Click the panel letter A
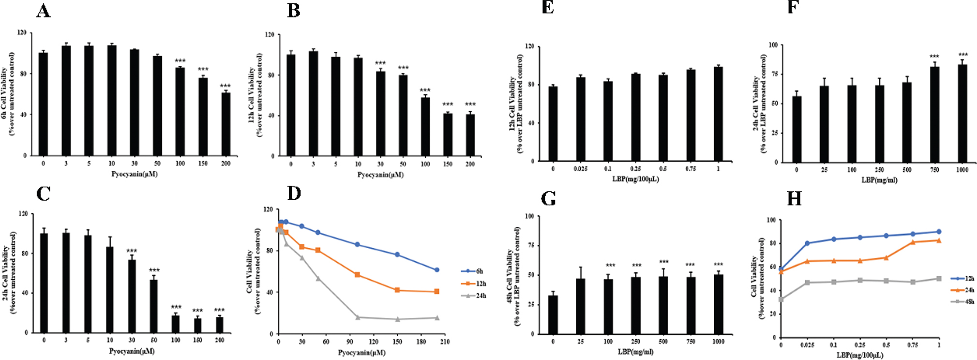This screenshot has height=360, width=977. pos(43,11)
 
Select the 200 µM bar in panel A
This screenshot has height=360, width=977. pos(226,124)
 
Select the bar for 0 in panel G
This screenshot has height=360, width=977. pos(553,315)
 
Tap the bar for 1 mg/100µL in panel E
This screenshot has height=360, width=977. pos(718,114)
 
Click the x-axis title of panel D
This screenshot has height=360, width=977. pos(361,353)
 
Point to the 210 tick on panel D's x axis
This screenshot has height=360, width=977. pos(445,342)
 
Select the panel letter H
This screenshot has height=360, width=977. pos(794,199)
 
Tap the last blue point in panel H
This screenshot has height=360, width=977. pos(939,232)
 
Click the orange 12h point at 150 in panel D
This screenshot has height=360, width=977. pos(397,290)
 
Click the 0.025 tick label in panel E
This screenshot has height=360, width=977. pos(581,169)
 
